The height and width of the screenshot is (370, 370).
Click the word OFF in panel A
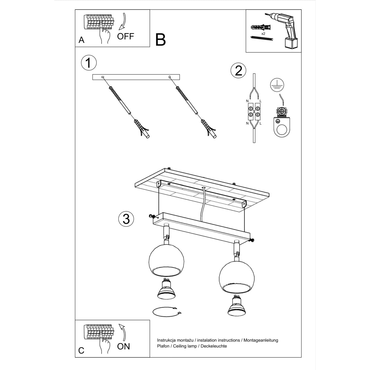pos(125,36)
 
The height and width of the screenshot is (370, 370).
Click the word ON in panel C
pos(123,346)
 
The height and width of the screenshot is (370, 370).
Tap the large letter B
pos(161,40)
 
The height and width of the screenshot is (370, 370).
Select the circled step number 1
pos(88,63)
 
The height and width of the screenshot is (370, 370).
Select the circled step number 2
pos(238,71)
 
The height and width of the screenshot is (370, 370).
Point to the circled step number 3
pos(126,219)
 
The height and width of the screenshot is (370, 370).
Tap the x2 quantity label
pos(263,33)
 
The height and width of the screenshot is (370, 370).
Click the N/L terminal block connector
pos(253,112)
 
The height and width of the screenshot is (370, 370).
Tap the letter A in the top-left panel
pos(81,40)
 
